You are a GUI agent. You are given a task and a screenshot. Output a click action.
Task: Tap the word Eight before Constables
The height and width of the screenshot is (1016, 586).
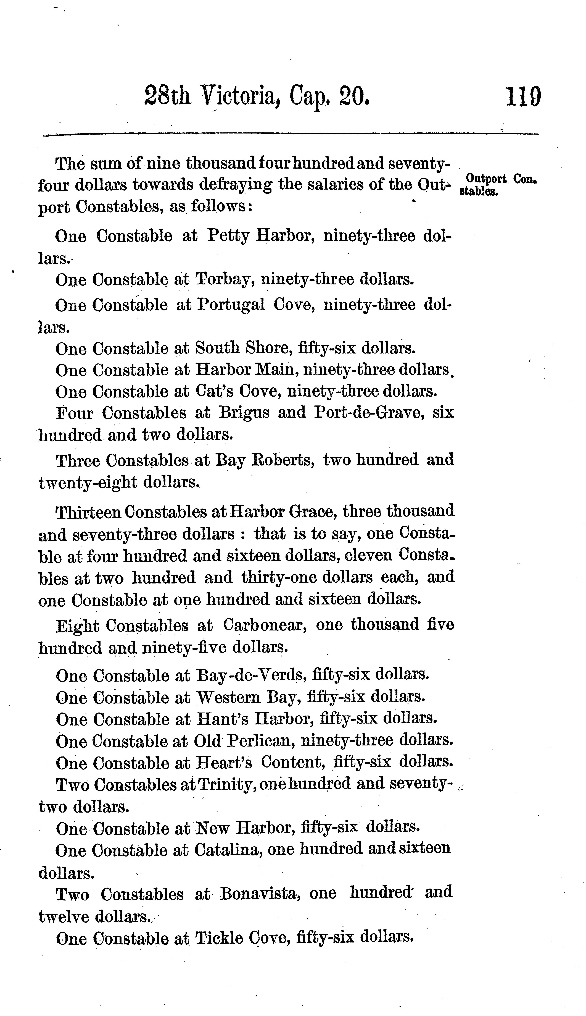[77, 625]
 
